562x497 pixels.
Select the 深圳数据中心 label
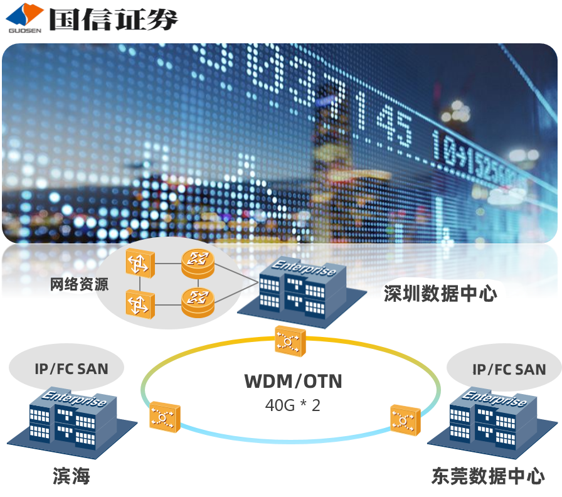point(440,293)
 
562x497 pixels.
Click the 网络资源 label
point(79,284)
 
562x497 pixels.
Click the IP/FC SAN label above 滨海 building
point(72,368)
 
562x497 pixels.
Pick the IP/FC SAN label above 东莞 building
point(509,369)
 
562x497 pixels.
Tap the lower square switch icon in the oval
point(139,304)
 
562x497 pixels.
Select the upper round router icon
point(198,263)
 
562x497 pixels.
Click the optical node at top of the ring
point(290,341)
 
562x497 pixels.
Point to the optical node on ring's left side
point(165,415)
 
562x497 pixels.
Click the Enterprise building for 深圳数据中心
point(303,290)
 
